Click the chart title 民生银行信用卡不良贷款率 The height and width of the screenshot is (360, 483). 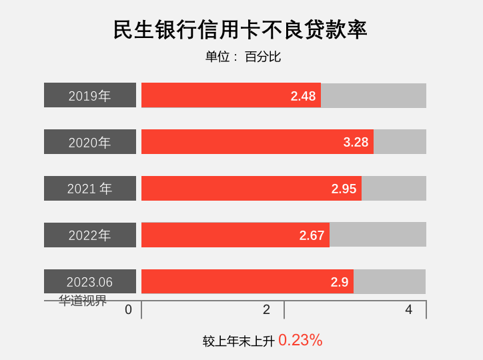[x=241, y=30]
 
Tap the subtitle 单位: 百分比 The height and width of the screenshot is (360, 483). [x=243, y=57]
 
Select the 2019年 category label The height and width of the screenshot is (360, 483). [x=90, y=95]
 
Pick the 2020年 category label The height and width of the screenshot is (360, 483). [x=90, y=142]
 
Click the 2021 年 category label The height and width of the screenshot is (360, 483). [x=90, y=189]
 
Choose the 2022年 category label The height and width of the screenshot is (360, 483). [x=90, y=235]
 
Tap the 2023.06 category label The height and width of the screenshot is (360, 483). [x=90, y=282]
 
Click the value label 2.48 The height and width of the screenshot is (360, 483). [x=303, y=96]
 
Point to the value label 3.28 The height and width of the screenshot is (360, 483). [x=356, y=142]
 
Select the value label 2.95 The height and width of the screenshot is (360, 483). [x=344, y=189]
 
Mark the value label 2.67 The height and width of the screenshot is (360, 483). [x=312, y=235]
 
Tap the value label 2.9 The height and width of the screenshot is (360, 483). [x=340, y=282]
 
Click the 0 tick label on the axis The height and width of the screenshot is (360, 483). [x=128, y=309]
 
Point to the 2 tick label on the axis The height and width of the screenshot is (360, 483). [x=266, y=309]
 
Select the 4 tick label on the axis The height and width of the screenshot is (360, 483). [x=408, y=309]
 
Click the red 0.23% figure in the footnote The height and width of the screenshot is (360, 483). [x=300, y=340]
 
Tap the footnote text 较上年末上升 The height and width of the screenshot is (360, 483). [x=239, y=341]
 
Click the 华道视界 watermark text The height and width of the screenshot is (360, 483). [x=83, y=301]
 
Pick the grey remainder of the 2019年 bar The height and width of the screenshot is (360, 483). [x=374, y=95]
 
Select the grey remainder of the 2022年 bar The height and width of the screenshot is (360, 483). [x=378, y=235]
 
